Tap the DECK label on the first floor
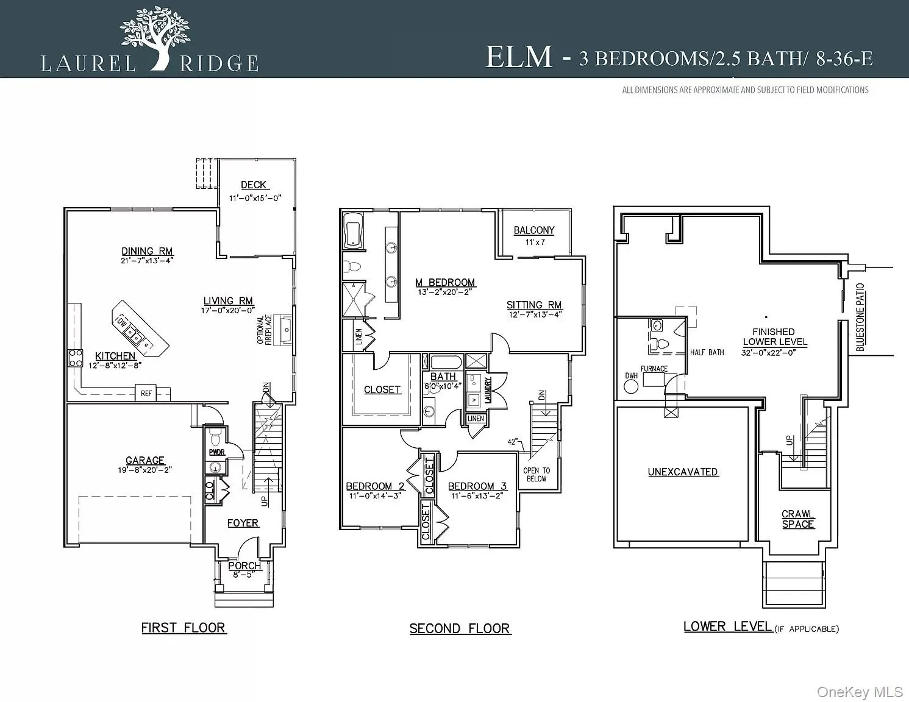[254, 185]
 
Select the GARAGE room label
[145, 461]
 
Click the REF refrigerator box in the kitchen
[146, 394]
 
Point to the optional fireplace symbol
[283, 330]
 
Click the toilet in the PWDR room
[215, 439]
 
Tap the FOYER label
[243, 523]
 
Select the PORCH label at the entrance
[244, 565]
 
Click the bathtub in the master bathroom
[354, 230]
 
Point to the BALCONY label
[534, 230]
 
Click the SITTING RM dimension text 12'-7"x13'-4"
[535, 314]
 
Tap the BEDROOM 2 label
[375, 486]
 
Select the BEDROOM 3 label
[477, 486]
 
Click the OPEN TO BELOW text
[536, 474]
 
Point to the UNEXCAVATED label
[683, 472]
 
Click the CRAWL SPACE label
[798, 519]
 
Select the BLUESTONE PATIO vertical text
[860, 317]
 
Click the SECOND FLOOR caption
[460, 628]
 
